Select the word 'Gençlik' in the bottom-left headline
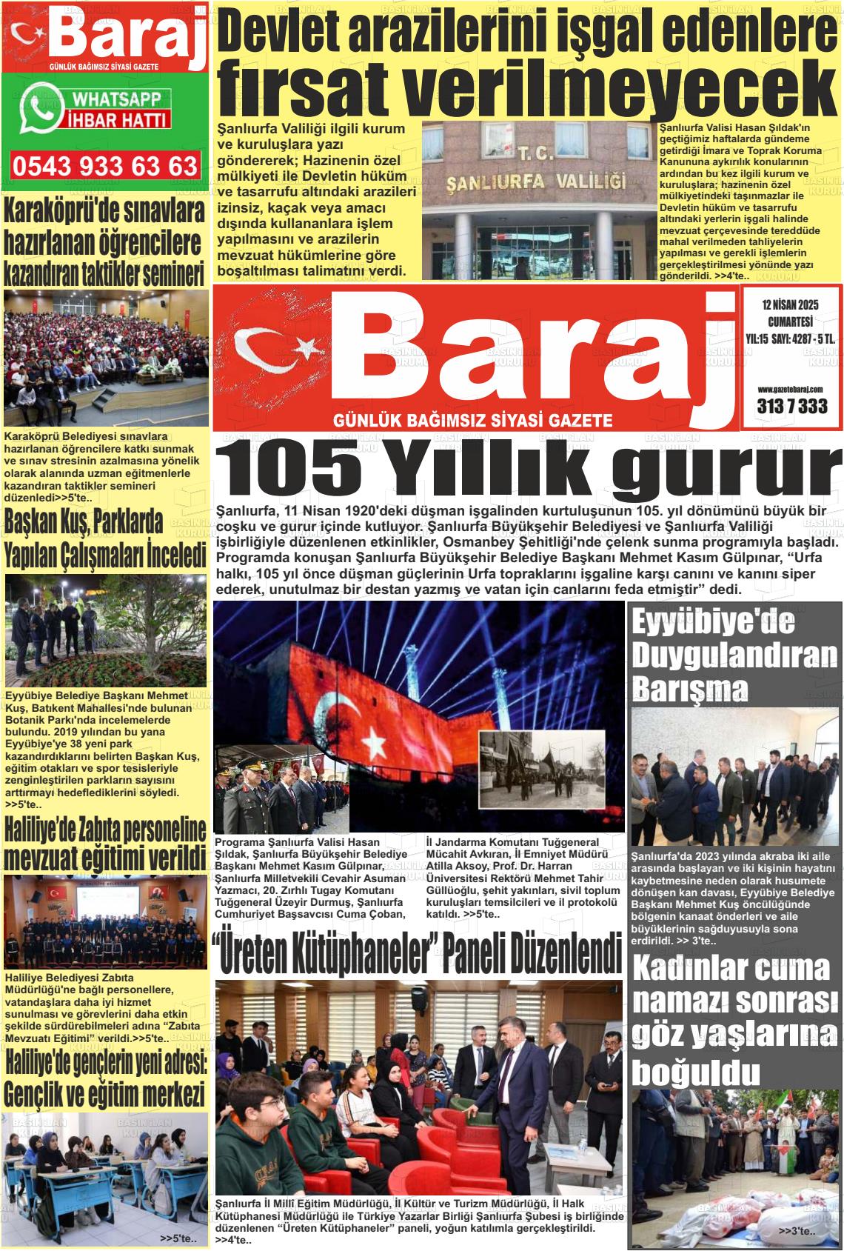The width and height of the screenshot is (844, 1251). point(46,1092)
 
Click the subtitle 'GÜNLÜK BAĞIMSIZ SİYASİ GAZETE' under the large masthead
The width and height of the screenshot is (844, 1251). point(474,421)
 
